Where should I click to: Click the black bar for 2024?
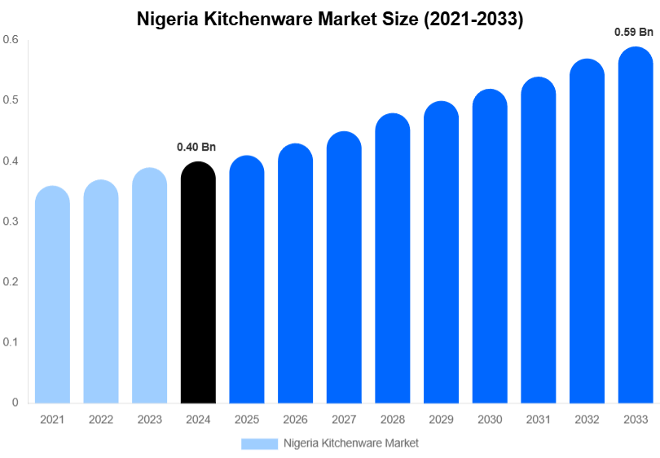coord(198,285)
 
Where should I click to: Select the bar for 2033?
coord(636,228)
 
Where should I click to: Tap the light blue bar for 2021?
coord(52,297)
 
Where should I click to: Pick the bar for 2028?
coord(393,261)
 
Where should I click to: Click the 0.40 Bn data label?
coord(196,148)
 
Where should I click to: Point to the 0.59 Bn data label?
coord(634,33)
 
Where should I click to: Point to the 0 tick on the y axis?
coord(15,403)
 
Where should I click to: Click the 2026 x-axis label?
coord(296,419)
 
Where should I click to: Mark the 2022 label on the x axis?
coord(101,419)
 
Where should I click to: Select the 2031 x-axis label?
coord(539,419)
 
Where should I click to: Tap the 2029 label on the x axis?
coord(442,419)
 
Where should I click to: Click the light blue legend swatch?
coord(259,443)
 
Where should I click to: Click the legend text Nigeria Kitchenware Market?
coord(351,443)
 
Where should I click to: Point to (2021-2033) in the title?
coord(472,19)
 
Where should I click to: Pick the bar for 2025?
coord(247,281)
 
